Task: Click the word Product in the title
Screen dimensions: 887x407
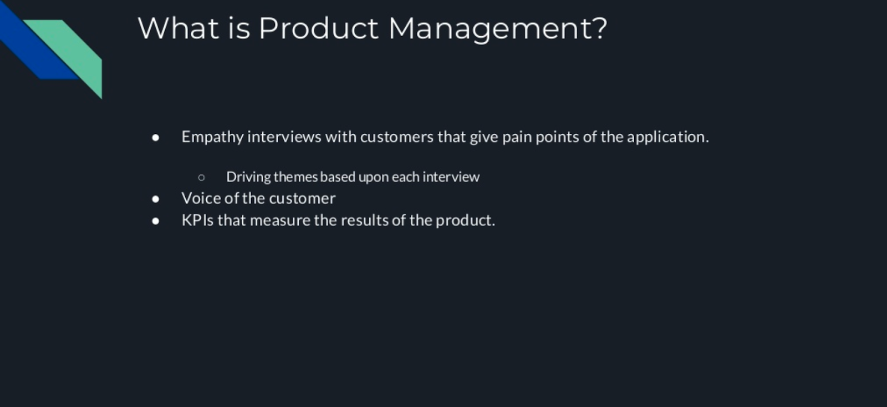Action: [318, 28]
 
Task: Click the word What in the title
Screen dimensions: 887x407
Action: [178, 28]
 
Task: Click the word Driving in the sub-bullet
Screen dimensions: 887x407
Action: [248, 177]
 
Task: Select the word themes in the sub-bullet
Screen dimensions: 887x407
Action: [295, 177]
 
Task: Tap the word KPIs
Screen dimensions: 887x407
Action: [197, 220]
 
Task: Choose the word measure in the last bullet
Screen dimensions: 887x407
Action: [280, 221]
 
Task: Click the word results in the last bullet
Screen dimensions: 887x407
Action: [364, 220]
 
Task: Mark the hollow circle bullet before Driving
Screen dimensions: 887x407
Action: [201, 177]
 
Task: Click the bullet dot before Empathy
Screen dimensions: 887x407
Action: [156, 138]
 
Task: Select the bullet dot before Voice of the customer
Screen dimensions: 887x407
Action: [156, 199]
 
